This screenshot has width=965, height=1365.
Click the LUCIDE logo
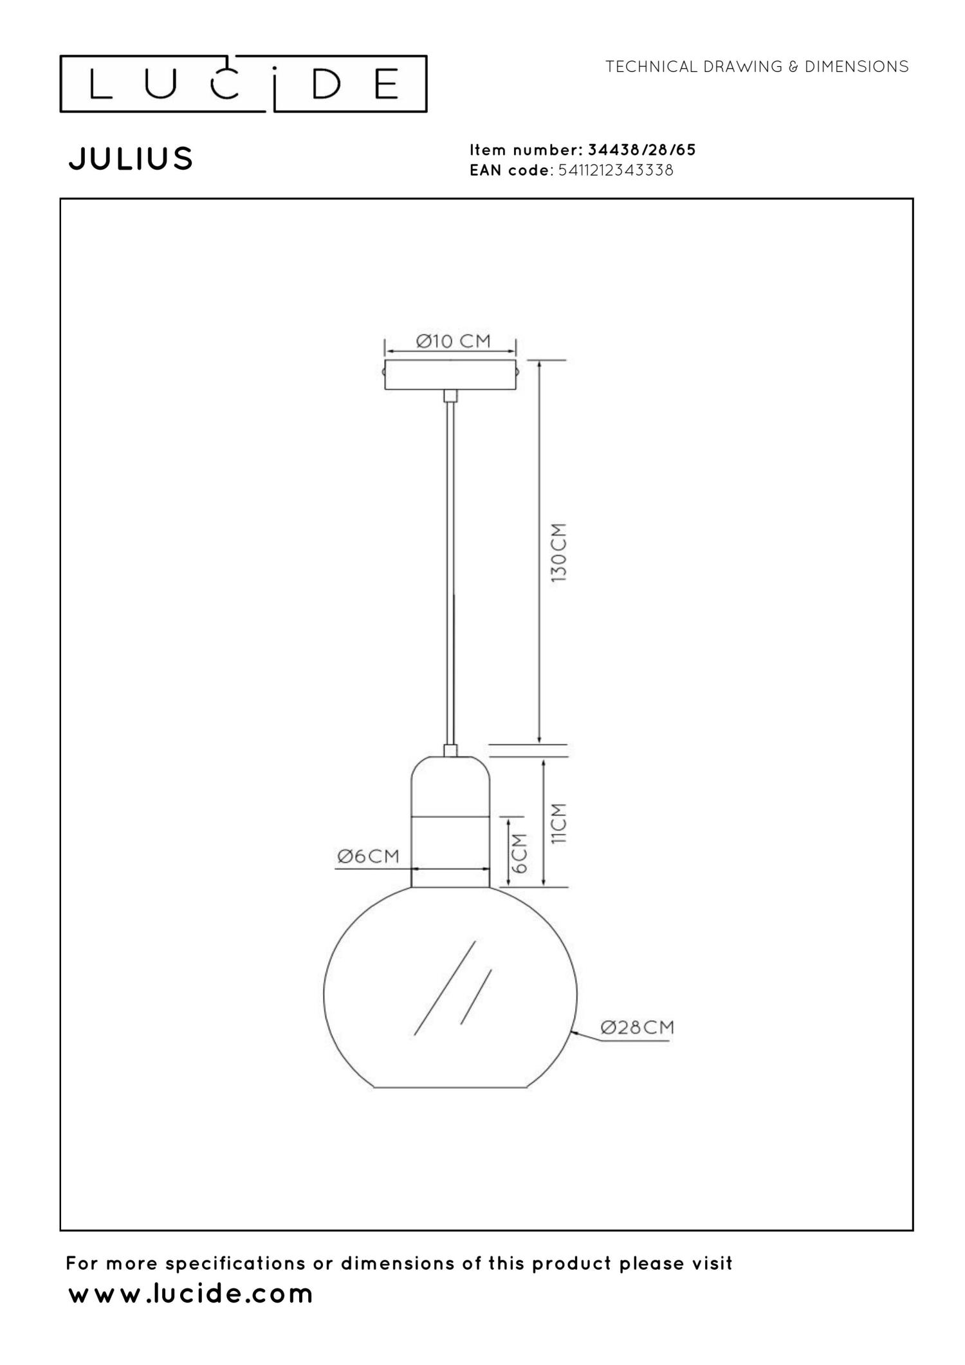pos(243,84)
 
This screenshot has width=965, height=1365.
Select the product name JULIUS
pos(131,159)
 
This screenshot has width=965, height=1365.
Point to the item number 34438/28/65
pos(641,151)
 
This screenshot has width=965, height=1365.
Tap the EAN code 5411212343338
pos(616,170)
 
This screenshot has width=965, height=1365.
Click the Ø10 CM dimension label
pos(453,341)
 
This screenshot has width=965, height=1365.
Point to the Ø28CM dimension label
pos(637,1027)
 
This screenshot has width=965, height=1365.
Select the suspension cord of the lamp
pos(451,573)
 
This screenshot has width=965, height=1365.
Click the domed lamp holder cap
pos(450,786)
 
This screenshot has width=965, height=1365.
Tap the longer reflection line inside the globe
pos(445,988)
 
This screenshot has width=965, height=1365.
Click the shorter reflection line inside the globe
pos(476,996)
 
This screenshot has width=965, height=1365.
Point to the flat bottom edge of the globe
pos(450,1087)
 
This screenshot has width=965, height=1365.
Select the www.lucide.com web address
pos(190,1294)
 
